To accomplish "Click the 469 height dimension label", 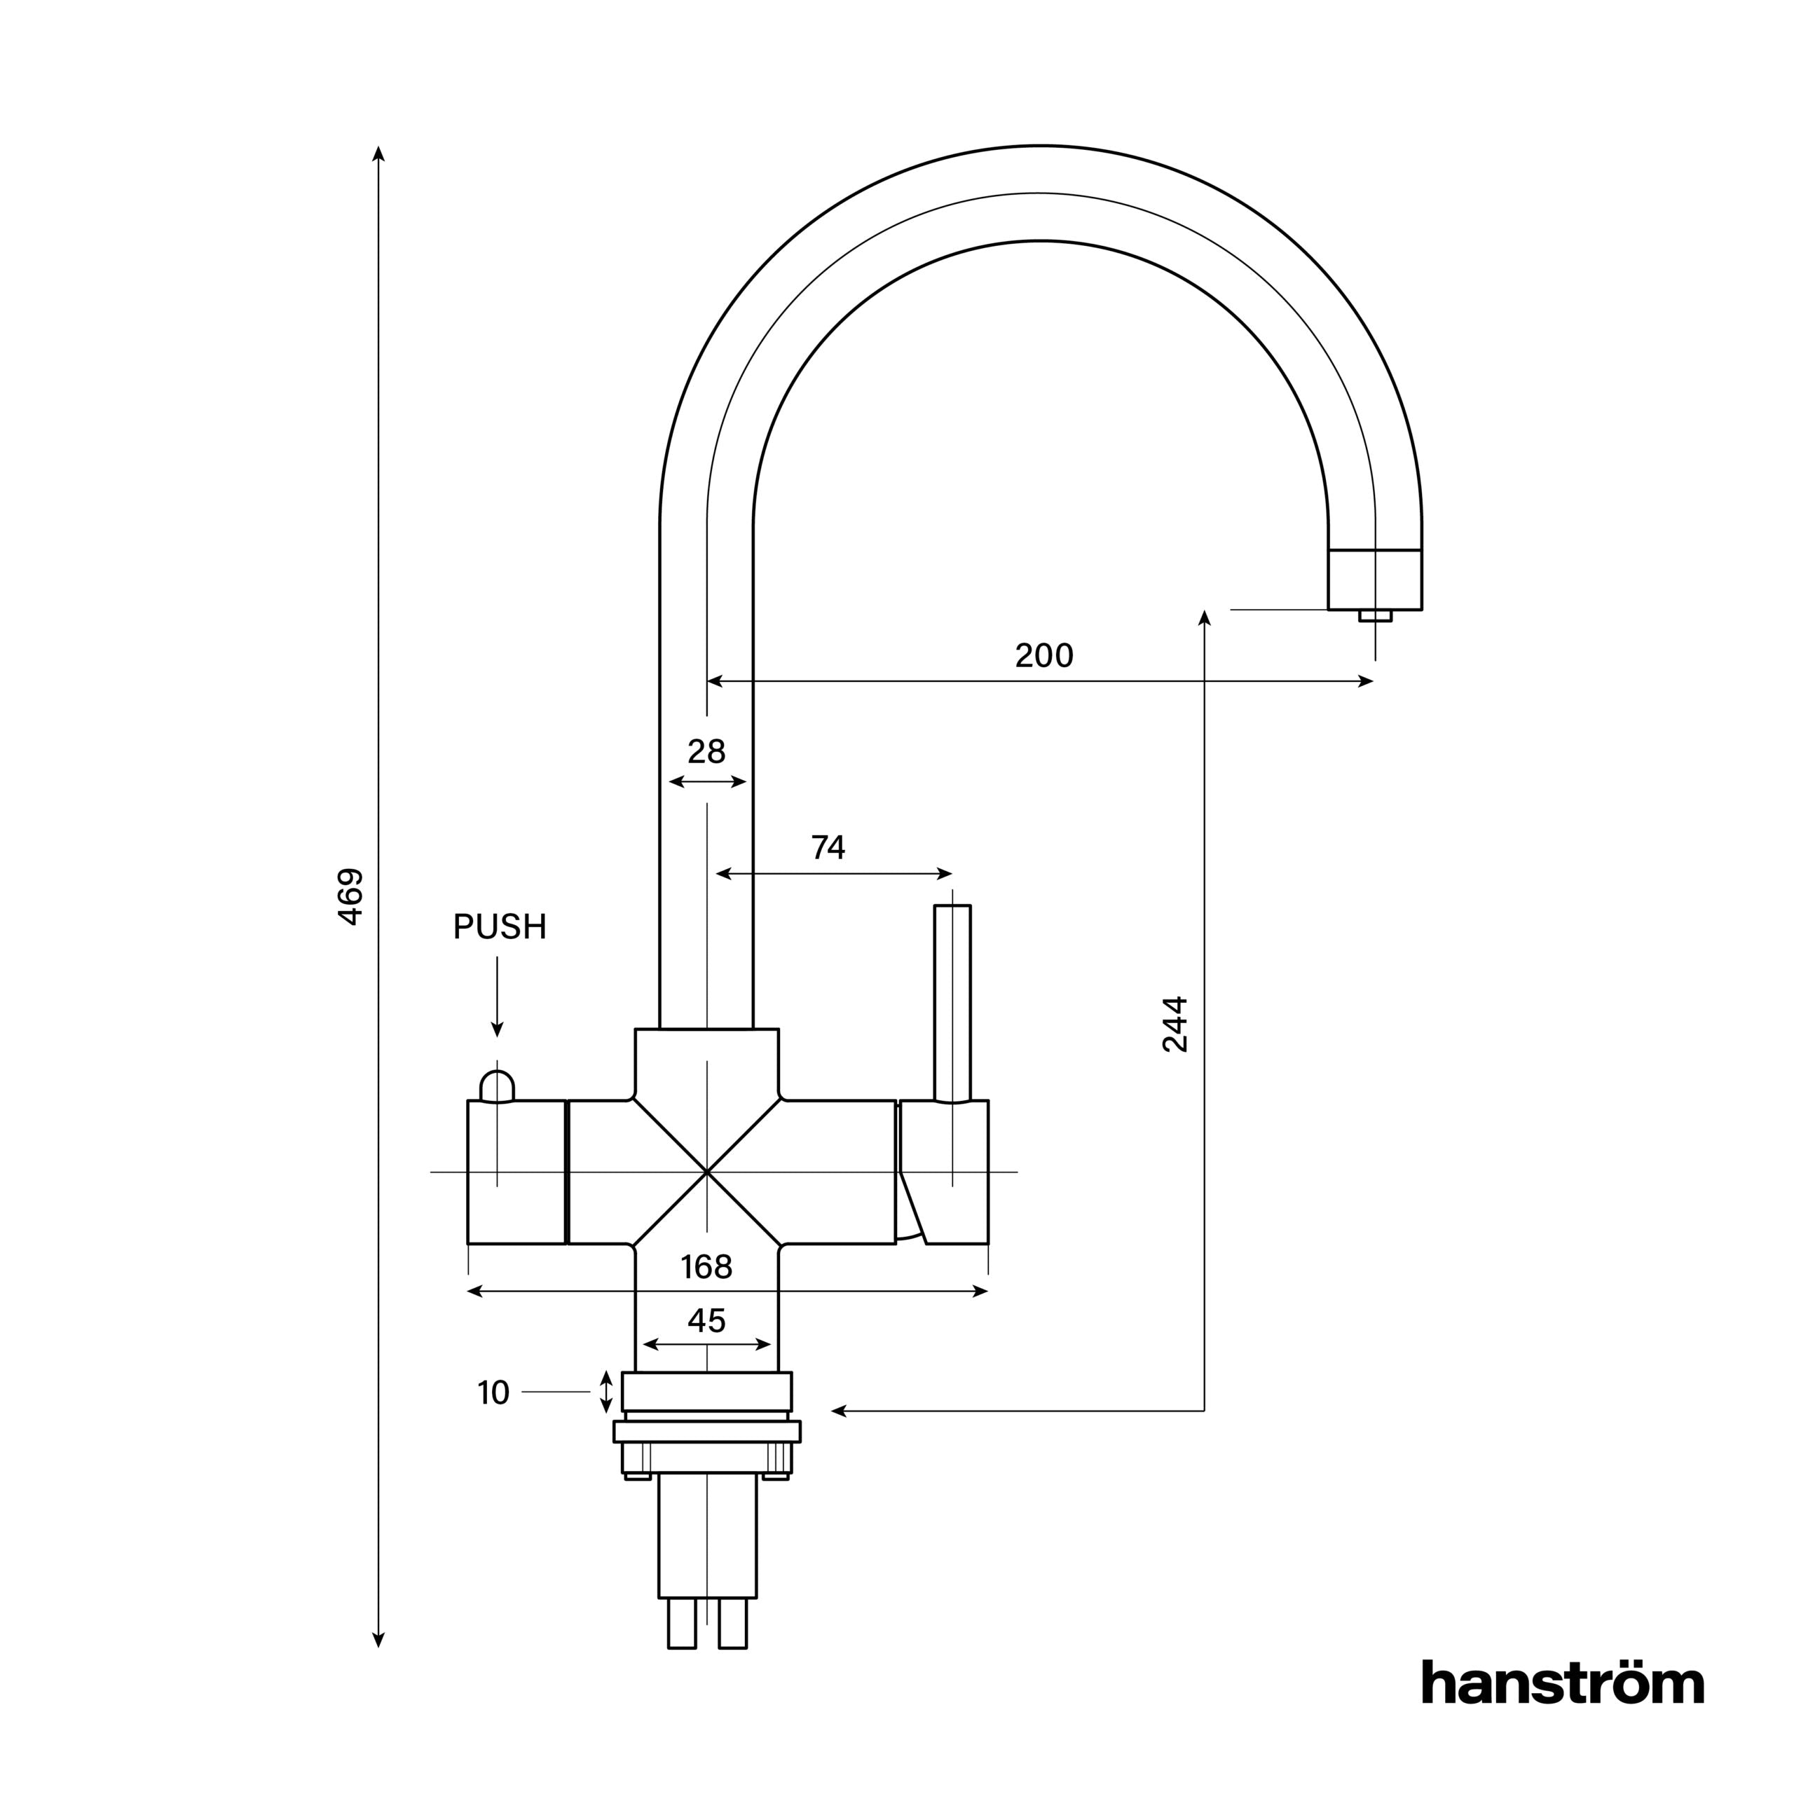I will point(350,896).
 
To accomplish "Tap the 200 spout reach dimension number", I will point(1043,655).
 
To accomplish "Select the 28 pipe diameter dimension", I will point(706,751).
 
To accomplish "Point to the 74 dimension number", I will point(828,847).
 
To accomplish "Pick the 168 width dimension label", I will point(706,1266).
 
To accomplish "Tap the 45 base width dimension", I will point(706,1320).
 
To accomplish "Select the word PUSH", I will point(500,926).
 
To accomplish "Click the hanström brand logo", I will point(1563,1709).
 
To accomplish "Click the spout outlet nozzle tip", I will point(1375,616).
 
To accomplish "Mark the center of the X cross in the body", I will point(706,1172).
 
